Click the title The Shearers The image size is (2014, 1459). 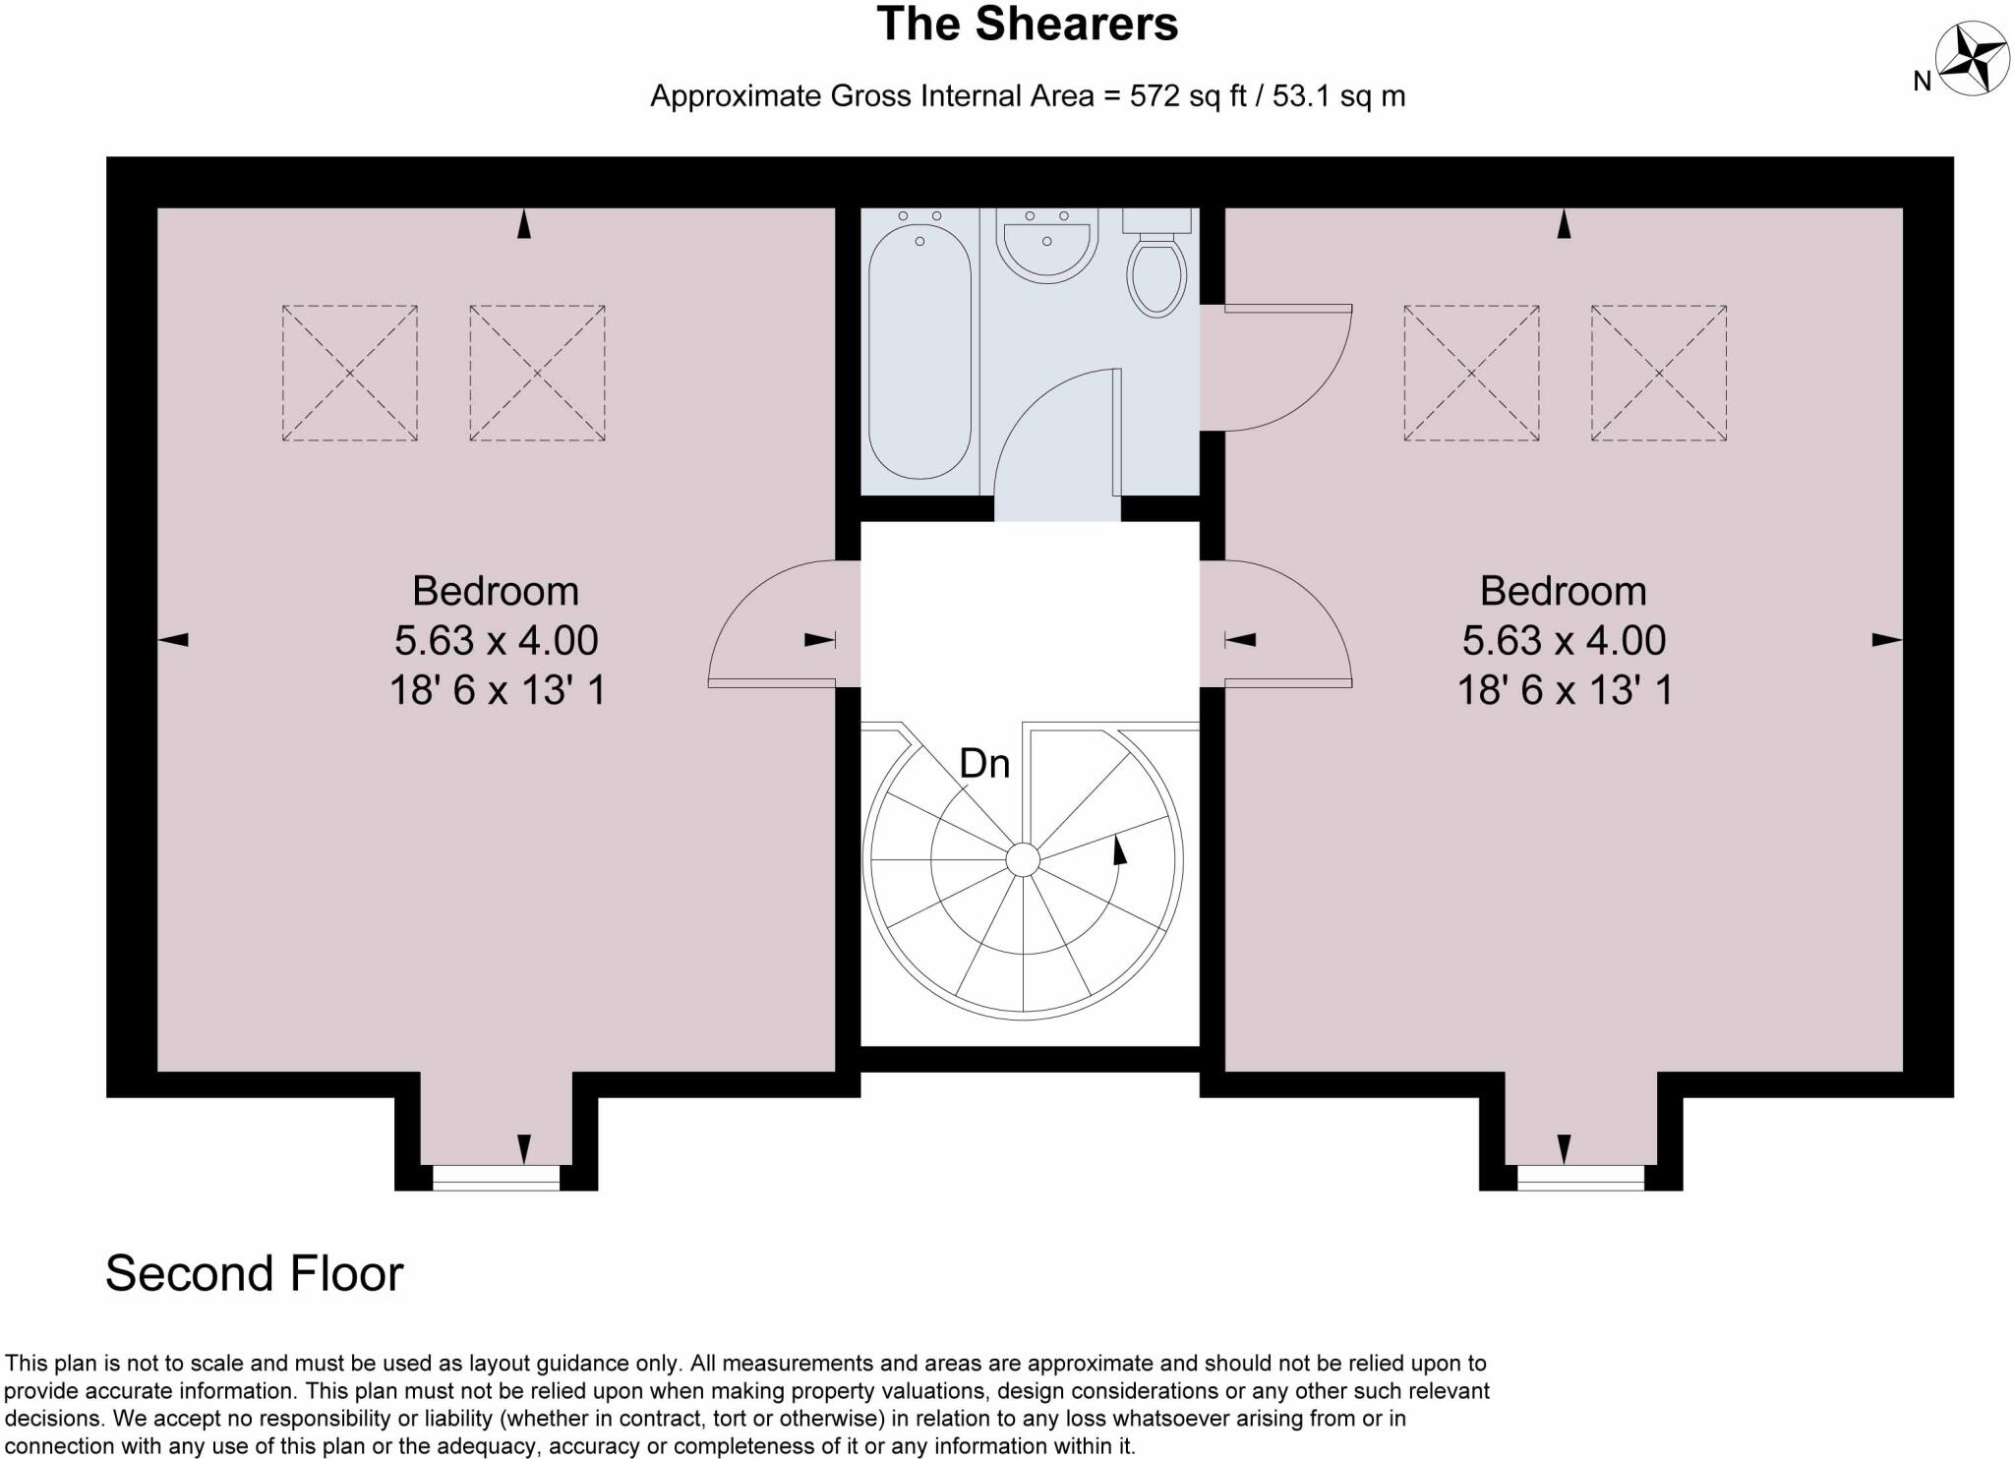pyautogui.click(x=1027, y=26)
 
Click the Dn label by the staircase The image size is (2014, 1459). pyautogui.click(x=984, y=764)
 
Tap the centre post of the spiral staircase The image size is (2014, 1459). pyautogui.click(x=1023, y=860)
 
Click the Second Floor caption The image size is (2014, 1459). pyautogui.click(x=254, y=1273)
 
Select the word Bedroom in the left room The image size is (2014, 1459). pyautogui.click(x=495, y=591)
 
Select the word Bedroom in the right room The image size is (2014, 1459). pyautogui.click(x=1563, y=591)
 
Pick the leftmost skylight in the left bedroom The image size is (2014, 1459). pyautogui.click(x=349, y=373)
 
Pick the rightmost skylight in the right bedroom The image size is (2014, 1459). pyautogui.click(x=1659, y=373)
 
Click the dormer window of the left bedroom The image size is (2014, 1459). pyautogui.click(x=497, y=1176)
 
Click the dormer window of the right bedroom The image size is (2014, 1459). pyautogui.click(x=1580, y=1176)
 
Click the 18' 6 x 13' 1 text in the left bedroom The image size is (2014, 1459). pyautogui.click(x=497, y=690)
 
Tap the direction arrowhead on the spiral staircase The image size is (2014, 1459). pyautogui.click(x=1118, y=849)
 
